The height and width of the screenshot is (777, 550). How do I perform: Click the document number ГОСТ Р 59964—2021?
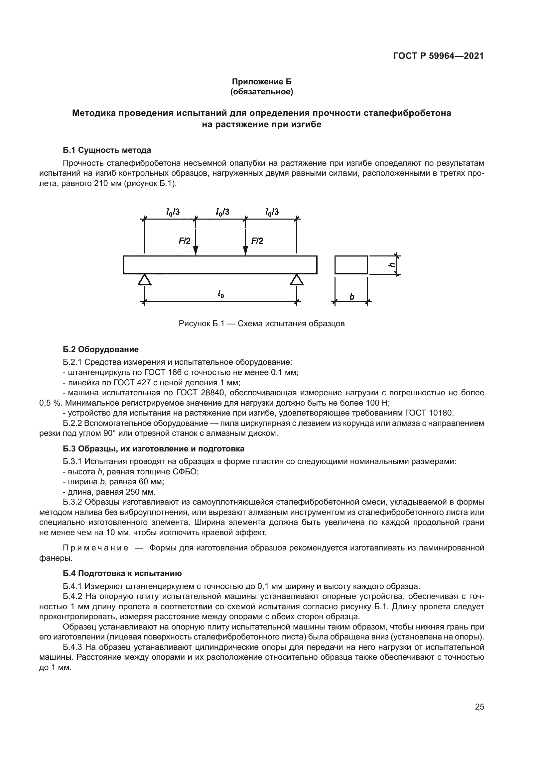click(x=438, y=56)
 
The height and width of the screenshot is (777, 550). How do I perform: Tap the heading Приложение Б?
click(x=261, y=82)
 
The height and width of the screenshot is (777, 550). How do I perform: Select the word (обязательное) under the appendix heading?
click(x=261, y=92)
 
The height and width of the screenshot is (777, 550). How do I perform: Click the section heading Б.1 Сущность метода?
click(x=107, y=150)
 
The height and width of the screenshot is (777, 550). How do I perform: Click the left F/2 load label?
click(x=185, y=241)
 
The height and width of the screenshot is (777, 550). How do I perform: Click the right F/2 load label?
click(x=257, y=241)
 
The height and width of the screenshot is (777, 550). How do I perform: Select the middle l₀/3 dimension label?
click(x=222, y=212)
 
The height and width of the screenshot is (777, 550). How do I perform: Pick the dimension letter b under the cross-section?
click(x=352, y=297)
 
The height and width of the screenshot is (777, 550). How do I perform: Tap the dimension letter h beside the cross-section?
click(x=392, y=265)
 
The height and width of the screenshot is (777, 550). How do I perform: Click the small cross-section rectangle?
click(x=351, y=265)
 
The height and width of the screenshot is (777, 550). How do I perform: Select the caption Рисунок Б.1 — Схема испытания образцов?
click(x=261, y=324)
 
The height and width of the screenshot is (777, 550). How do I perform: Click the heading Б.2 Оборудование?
click(x=100, y=349)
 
